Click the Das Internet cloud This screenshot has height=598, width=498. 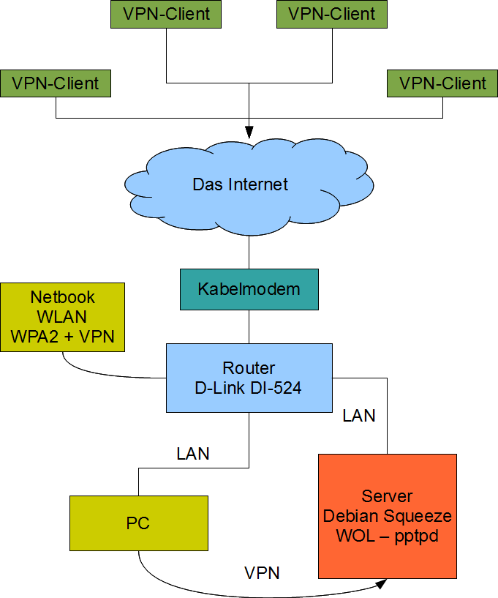click(241, 184)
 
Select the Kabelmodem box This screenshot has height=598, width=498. click(249, 288)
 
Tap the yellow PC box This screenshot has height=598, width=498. click(138, 523)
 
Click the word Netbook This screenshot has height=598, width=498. click(63, 298)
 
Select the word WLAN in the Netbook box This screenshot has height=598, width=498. click(63, 317)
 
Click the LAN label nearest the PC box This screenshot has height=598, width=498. click(193, 454)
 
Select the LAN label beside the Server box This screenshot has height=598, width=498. click(359, 416)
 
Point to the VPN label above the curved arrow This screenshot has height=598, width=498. click(262, 572)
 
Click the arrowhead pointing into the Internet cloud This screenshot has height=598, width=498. click(249, 132)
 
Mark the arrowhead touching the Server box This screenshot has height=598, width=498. click(382, 584)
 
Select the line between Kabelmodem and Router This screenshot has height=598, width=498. click(249, 326)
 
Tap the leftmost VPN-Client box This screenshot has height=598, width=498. click(56, 83)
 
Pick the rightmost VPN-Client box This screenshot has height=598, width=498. click(443, 83)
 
